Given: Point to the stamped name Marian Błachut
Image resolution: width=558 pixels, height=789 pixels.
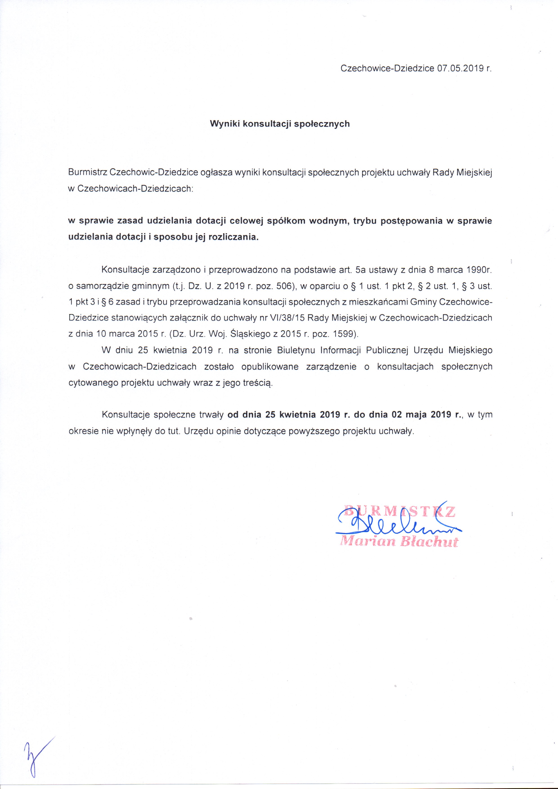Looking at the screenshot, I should point(399,542).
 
